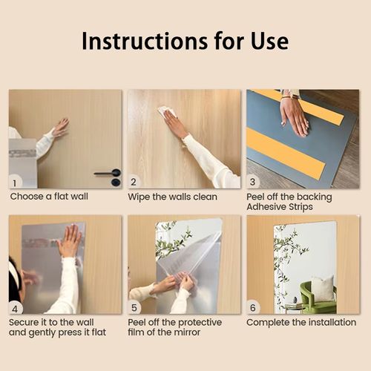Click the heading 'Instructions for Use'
[x=185, y=41]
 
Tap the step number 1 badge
[x=16, y=182]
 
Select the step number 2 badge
[x=134, y=182]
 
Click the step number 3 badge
[x=253, y=182]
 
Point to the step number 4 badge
[x=16, y=307]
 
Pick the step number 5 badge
[x=134, y=307]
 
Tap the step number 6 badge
[x=253, y=307]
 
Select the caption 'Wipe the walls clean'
[x=173, y=197]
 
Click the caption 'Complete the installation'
[x=301, y=323]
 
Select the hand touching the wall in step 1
[x=60, y=127]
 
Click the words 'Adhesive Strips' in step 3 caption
[x=279, y=207]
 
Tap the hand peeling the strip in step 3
[x=295, y=115]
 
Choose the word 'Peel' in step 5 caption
[x=138, y=323]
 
